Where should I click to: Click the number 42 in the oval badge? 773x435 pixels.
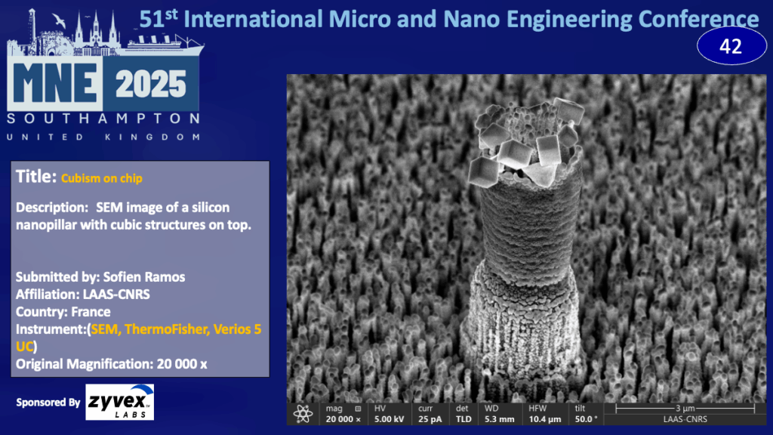(x=731, y=46)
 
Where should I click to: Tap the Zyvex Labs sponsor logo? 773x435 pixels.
(x=120, y=402)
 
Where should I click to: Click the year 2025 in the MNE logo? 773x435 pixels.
(x=151, y=84)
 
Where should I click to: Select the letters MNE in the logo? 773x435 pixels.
(x=54, y=83)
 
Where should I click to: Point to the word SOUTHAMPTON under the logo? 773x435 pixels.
(x=103, y=119)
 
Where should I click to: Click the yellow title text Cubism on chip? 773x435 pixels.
(x=102, y=178)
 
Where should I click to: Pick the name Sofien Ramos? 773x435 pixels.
(x=144, y=276)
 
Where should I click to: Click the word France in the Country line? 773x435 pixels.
(x=91, y=312)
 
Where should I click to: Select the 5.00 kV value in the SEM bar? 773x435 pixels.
(x=389, y=419)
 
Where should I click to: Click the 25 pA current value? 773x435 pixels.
(x=430, y=419)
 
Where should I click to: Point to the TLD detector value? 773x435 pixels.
(x=463, y=419)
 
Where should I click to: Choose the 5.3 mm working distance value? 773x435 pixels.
(x=499, y=419)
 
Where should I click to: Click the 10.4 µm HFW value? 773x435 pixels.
(x=545, y=419)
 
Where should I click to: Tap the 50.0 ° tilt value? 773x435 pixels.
(x=586, y=419)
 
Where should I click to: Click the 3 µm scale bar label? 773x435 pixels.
(x=685, y=408)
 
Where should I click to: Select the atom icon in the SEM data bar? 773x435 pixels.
(x=303, y=414)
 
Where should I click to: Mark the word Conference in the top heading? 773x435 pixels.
(x=698, y=20)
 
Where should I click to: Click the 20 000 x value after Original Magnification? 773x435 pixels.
(x=182, y=364)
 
